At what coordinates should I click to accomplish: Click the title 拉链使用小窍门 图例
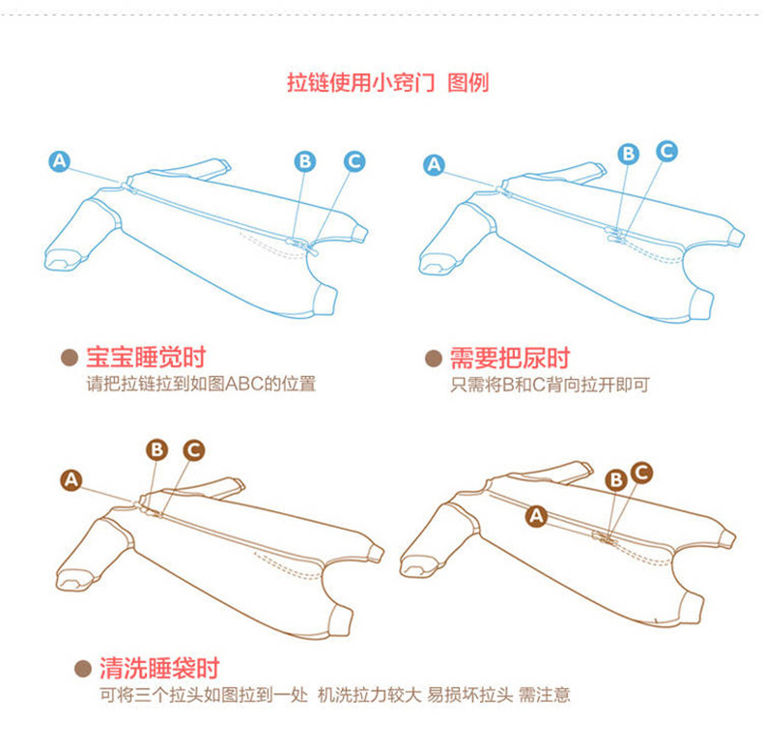click(388, 82)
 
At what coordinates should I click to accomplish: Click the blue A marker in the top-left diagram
click(60, 161)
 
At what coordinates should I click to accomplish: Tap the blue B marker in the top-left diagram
click(305, 161)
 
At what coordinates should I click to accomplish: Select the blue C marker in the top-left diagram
click(354, 160)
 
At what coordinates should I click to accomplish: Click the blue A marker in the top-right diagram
click(434, 165)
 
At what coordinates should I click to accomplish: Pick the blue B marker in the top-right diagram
click(629, 153)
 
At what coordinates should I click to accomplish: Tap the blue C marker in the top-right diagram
click(666, 150)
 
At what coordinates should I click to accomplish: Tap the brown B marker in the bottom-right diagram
click(615, 479)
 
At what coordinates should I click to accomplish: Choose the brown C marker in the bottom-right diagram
click(641, 472)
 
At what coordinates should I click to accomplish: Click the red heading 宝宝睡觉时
click(146, 359)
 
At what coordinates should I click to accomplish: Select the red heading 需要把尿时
click(510, 359)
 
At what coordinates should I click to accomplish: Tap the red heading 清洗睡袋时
click(159, 668)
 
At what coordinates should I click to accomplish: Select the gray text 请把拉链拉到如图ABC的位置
click(201, 384)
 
